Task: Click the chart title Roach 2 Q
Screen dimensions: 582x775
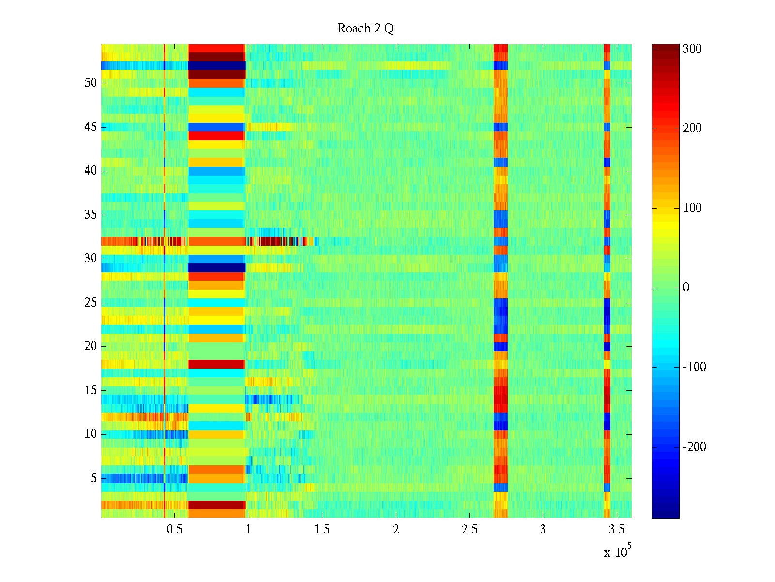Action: pyautogui.click(x=365, y=29)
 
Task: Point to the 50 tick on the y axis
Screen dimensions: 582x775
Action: pyautogui.click(x=91, y=83)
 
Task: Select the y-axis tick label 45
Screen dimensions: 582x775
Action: pyautogui.click(x=91, y=127)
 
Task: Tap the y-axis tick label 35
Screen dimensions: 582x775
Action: pyautogui.click(x=91, y=215)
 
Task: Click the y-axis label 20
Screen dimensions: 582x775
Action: pyautogui.click(x=91, y=346)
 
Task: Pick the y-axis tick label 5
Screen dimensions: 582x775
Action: pyautogui.click(x=93, y=478)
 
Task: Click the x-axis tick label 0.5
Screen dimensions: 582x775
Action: pyautogui.click(x=174, y=530)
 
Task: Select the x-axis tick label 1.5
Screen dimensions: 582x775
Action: pyautogui.click(x=322, y=530)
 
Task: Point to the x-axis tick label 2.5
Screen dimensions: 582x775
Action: pyautogui.click(x=469, y=530)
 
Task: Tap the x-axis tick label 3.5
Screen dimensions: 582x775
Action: pyautogui.click(x=617, y=530)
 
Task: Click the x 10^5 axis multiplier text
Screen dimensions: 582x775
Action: pyautogui.click(x=618, y=551)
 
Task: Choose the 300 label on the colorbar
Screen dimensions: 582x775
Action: pyautogui.click(x=692, y=49)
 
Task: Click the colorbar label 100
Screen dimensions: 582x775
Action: pyautogui.click(x=692, y=208)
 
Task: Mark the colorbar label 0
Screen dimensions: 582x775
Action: pyautogui.click(x=686, y=288)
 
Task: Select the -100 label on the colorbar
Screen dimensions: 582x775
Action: pyautogui.click(x=694, y=367)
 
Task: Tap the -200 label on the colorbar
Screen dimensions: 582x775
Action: pyautogui.click(x=694, y=447)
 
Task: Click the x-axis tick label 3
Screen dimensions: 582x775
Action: pyautogui.click(x=543, y=530)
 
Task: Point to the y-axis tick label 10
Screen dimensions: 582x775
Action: pyautogui.click(x=91, y=434)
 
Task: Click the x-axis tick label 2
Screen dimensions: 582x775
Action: pyautogui.click(x=396, y=530)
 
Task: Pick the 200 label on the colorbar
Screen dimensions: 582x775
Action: pyautogui.click(x=692, y=129)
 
